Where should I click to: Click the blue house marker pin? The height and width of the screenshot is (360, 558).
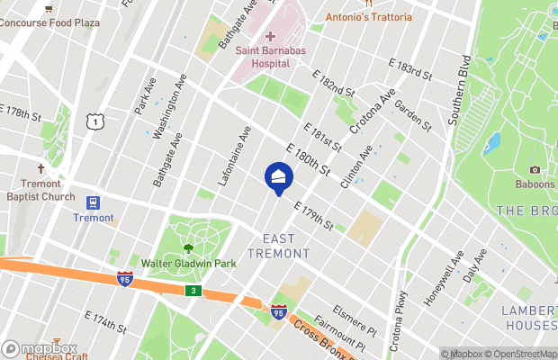pos(278,177)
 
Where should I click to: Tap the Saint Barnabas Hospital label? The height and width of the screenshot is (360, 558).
pos(263,57)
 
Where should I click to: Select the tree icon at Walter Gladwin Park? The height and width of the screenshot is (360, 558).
pos(188,248)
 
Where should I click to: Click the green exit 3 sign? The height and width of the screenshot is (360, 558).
pos(193,291)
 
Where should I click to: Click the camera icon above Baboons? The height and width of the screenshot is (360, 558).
pos(535,169)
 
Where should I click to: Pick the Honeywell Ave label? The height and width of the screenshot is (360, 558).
pos(443,266)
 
